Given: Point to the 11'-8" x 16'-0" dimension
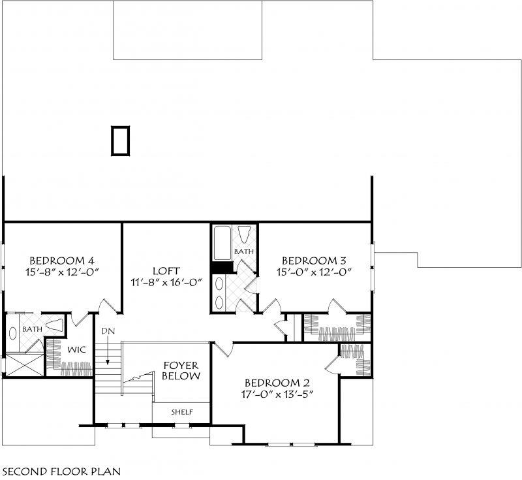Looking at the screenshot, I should (166, 283).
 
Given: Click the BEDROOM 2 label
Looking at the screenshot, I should (277, 383).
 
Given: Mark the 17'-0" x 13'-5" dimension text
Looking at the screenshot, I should (277, 395).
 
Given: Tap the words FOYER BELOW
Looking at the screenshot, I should (181, 371).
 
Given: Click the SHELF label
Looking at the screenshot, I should (181, 413).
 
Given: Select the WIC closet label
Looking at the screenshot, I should (77, 349).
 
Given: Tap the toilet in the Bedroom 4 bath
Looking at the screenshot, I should (55, 325).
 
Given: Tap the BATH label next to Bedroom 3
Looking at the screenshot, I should (243, 251).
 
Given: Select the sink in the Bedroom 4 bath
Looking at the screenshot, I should (14, 331).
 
